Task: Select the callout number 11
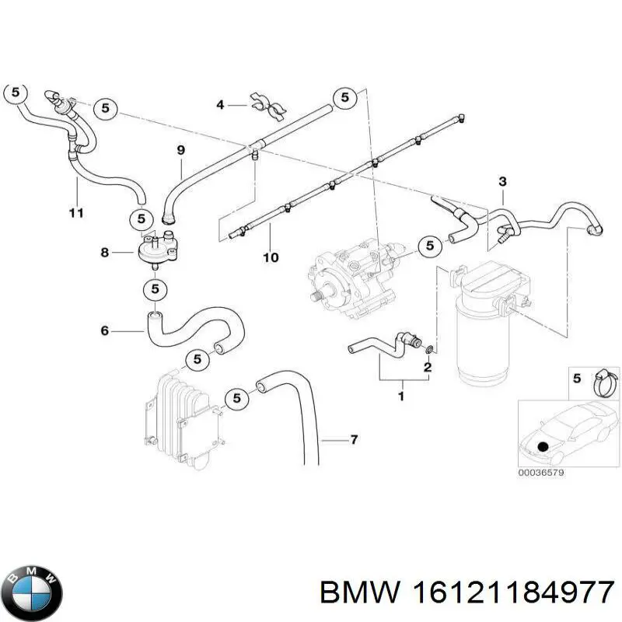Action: click(x=75, y=213)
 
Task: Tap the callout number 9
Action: click(x=180, y=150)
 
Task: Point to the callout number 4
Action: click(x=221, y=104)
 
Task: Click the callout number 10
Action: click(x=270, y=257)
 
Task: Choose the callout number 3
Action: click(x=502, y=182)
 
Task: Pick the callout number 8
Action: click(x=105, y=252)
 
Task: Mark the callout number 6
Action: click(x=105, y=331)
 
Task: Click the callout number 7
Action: click(x=354, y=441)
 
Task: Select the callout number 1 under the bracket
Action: click(x=401, y=396)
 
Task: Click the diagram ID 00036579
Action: click(x=543, y=472)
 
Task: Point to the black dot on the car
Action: click(x=542, y=446)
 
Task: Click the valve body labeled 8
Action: click(x=155, y=250)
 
